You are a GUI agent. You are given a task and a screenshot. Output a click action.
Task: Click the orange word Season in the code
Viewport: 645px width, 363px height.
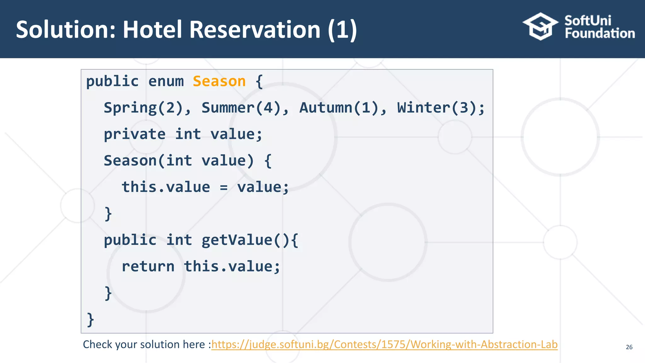click(x=219, y=81)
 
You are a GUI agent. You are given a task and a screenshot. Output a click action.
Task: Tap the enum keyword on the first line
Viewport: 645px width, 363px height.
click(x=166, y=81)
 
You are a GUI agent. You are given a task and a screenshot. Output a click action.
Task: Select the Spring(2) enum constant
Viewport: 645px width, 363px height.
click(x=143, y=108)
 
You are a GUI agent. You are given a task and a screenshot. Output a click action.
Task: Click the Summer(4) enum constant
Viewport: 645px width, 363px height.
click(x=241, y=108)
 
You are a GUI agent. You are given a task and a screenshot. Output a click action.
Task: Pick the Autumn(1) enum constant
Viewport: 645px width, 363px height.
click(x=339, y=108)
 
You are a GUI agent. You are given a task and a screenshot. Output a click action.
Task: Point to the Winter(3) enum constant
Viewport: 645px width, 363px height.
click(x=437, y=108)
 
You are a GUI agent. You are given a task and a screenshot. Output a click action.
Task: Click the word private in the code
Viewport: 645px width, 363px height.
click(x=134, y=134)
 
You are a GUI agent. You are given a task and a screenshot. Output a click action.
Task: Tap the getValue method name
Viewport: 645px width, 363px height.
click(x=237, y=240)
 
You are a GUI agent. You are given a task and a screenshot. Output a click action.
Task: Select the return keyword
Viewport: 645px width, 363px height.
click(x=148, y=267)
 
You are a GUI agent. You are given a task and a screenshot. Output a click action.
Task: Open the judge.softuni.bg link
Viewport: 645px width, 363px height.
click(x=384, y=344)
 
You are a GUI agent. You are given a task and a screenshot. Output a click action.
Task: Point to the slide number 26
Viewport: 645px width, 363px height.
click(x=629, y=347)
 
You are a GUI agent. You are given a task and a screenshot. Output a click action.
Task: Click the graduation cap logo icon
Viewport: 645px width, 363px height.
click(x=540, y=26)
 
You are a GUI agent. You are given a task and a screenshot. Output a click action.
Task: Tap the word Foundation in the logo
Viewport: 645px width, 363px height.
click(x=600, y=33)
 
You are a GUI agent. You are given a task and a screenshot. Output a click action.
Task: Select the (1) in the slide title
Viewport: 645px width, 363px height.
click(x=342, y=30)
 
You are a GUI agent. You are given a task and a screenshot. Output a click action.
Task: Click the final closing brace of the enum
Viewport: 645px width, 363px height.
click(x=90, y=320)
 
